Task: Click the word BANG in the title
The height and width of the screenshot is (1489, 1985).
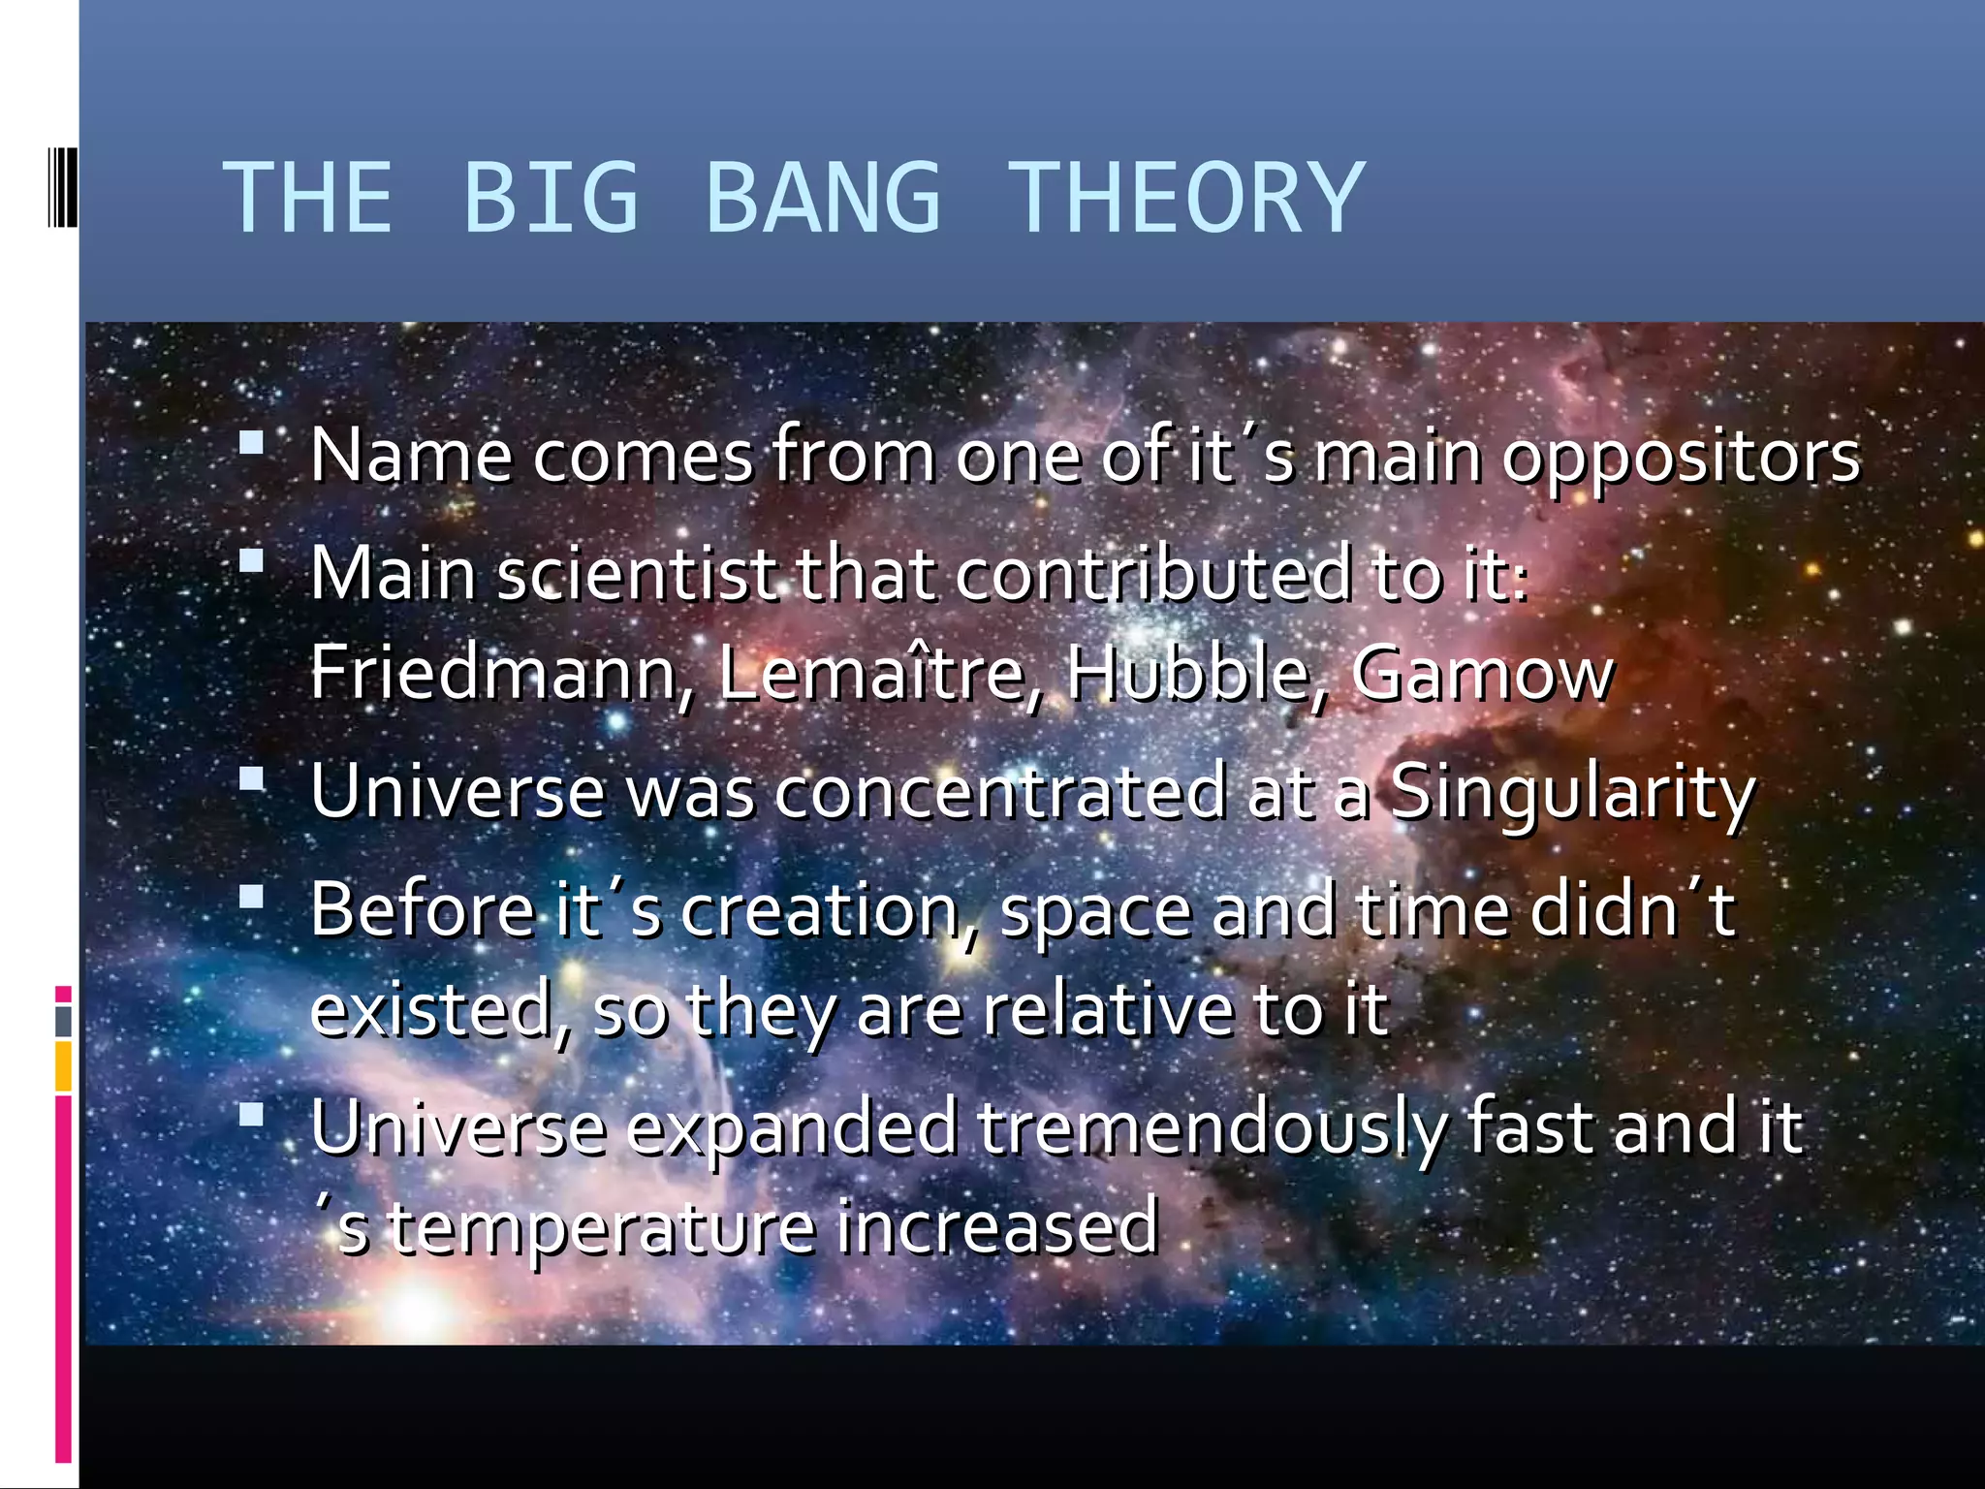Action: pos(823,199)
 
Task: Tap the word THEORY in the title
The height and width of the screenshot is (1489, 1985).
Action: pos(1186,199)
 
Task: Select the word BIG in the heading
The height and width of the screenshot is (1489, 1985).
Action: pos(551,199)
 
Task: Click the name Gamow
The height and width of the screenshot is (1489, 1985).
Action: pos(1482,673)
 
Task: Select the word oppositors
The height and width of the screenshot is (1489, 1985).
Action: pos(1681,458)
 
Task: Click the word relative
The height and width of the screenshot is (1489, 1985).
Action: pos(1108,1010)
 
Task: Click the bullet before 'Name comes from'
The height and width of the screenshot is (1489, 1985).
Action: pos(252,444)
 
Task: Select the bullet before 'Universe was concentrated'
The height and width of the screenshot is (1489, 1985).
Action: pos(252,779)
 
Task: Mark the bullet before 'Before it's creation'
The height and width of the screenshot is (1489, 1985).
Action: pos(252,897)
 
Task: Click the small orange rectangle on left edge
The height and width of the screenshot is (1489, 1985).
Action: pos(63,1066)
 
